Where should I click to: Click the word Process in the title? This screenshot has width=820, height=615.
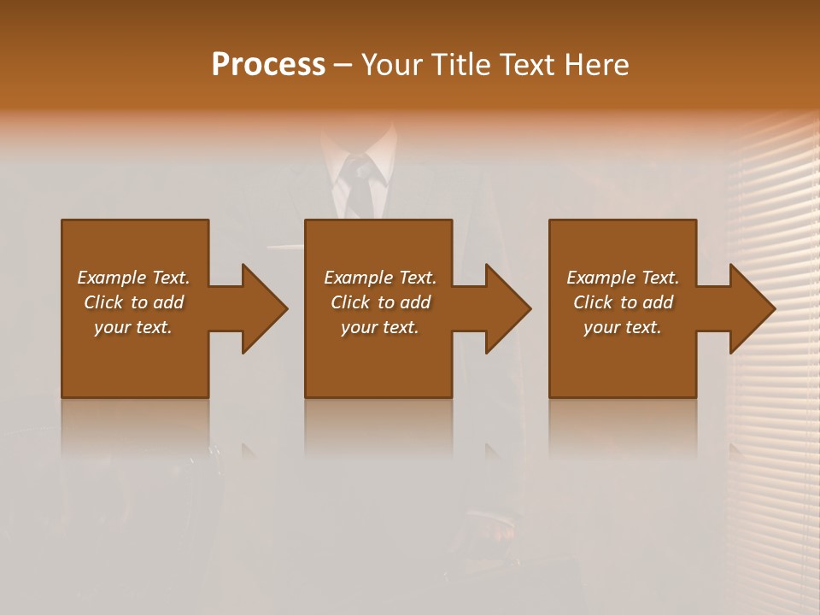point(268,65)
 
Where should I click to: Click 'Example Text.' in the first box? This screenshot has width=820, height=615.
point(133,278)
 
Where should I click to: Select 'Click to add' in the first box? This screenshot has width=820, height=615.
point(133,302)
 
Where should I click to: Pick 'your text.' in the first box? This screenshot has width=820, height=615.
point(133,327)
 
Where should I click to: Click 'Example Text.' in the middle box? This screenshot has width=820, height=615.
point(380,278)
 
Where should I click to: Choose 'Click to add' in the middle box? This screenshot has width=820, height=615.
point(380,302)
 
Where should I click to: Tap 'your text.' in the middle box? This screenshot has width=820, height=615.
point(380,327)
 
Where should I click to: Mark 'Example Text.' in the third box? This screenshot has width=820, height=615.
point(623,278)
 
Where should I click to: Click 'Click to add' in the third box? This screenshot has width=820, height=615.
point(623,302)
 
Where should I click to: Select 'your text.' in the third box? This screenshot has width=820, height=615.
point(623,327)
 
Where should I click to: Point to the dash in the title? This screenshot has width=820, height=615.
point(343,66)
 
